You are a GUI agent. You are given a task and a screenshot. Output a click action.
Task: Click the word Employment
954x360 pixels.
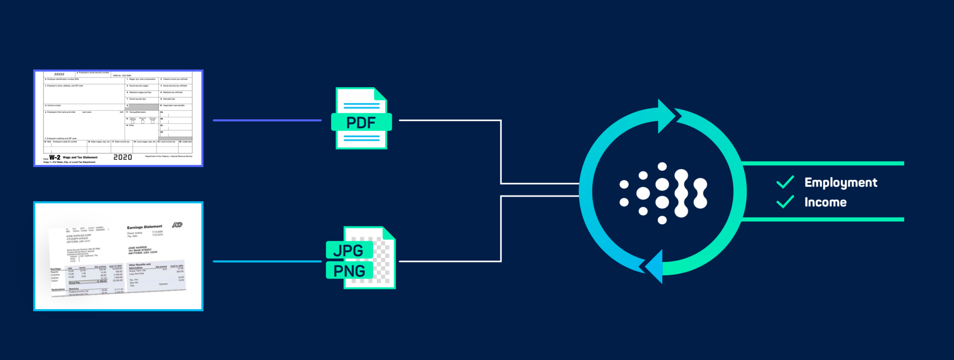point(840,183)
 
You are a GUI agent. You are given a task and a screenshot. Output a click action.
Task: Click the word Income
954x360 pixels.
point(825,202)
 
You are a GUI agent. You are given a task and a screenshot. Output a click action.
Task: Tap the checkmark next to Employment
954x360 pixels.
point(785,182)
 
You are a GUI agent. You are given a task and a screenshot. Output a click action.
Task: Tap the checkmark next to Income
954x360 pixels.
point(785,202)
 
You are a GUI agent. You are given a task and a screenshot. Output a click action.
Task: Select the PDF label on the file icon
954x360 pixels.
point(361,122)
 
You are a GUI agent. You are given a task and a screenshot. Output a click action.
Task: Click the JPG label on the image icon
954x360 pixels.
point(348,251)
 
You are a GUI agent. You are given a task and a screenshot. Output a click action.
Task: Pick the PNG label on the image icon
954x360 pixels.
point(349,271)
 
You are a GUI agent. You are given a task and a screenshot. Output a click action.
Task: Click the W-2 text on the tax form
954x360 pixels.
point(55,157)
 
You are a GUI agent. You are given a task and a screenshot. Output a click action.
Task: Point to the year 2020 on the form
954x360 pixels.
point(123,157)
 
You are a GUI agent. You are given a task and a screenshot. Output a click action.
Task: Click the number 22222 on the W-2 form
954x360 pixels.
point(59,74)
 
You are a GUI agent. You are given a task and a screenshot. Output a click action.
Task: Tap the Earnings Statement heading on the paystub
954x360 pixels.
point(144,227)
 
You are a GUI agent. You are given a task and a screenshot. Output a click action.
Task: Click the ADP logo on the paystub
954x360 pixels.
point(177,225)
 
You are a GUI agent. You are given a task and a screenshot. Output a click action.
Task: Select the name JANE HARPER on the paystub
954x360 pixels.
point(137,248)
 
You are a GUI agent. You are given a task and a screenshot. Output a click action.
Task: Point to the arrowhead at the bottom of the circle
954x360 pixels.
point(654,267)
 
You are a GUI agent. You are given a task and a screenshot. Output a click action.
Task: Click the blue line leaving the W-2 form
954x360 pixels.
point(267,120)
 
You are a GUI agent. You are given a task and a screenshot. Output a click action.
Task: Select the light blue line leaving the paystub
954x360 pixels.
point(267,261)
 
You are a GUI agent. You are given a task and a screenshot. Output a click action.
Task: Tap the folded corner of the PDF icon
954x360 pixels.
point(380,94)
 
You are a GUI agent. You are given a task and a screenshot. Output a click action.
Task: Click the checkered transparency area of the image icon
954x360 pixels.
point(384,261)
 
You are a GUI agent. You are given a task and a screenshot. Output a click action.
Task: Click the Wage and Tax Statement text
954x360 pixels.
point(80,157)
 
